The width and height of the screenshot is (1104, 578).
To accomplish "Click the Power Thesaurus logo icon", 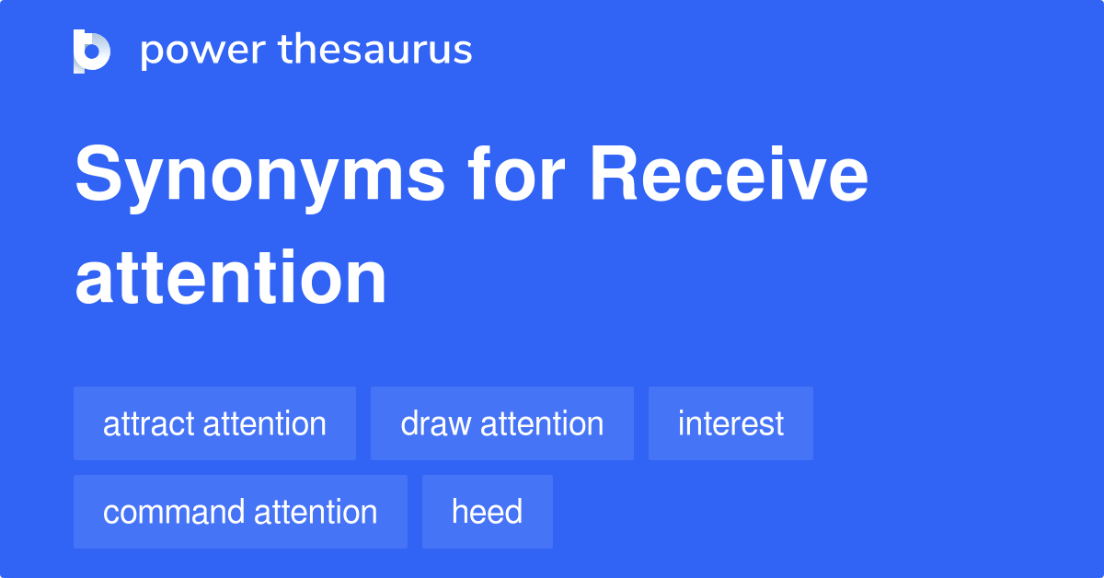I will pyautogui.click(x=92, y=51).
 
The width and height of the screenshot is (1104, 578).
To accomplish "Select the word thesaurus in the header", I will pyautogui.click(x=375, y=51).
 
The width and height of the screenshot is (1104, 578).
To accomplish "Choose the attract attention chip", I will pyautogui.click(x=214, y=423).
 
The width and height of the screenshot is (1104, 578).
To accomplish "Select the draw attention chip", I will pyautogui.click(x=501, y=423).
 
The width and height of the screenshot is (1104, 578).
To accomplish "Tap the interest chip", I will pyautogui.click(x=730, y=423).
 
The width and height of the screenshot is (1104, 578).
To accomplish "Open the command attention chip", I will pyautogui.click(x=240, y=512).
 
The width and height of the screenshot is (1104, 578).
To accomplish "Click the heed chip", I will pyautogui.click(x=487, y=512).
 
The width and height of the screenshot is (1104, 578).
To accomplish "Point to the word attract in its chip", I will pyautogui.click(x=149, y=424).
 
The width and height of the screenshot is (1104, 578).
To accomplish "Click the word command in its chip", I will pyautogui.click(x=173, y=512).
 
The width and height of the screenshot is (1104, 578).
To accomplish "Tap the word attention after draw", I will pyautogui.click(x=542, y=423).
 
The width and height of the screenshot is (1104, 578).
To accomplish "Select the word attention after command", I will pyautogui.click(x=316, y=512).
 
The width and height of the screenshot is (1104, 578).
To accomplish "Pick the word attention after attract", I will pyautogui.click(x=264, y=423).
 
